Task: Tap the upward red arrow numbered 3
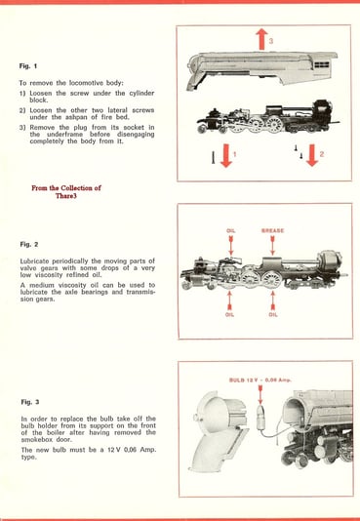pyautogui.click(x=261, y=39)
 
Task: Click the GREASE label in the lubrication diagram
pyautogui.click(x=272, y=231)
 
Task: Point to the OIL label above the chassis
pyautogui.click(x=230, y=231)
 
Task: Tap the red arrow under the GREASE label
pyautogui.click(x=272, y=246)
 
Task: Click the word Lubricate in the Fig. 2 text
pyautogui.click(x=40, y=262)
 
